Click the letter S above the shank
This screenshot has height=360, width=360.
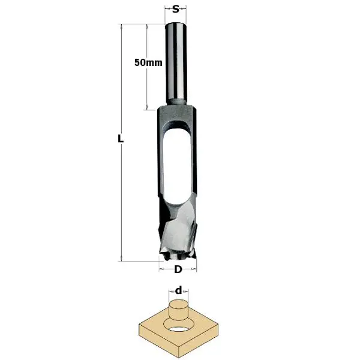[x=175, y=10]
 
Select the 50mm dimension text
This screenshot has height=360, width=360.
[x=148, y=62]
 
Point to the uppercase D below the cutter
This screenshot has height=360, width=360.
[x=178, y=269]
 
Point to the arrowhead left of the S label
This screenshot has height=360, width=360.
[x=167, y=10]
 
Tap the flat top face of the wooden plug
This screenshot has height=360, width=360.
[x=178, y=304]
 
